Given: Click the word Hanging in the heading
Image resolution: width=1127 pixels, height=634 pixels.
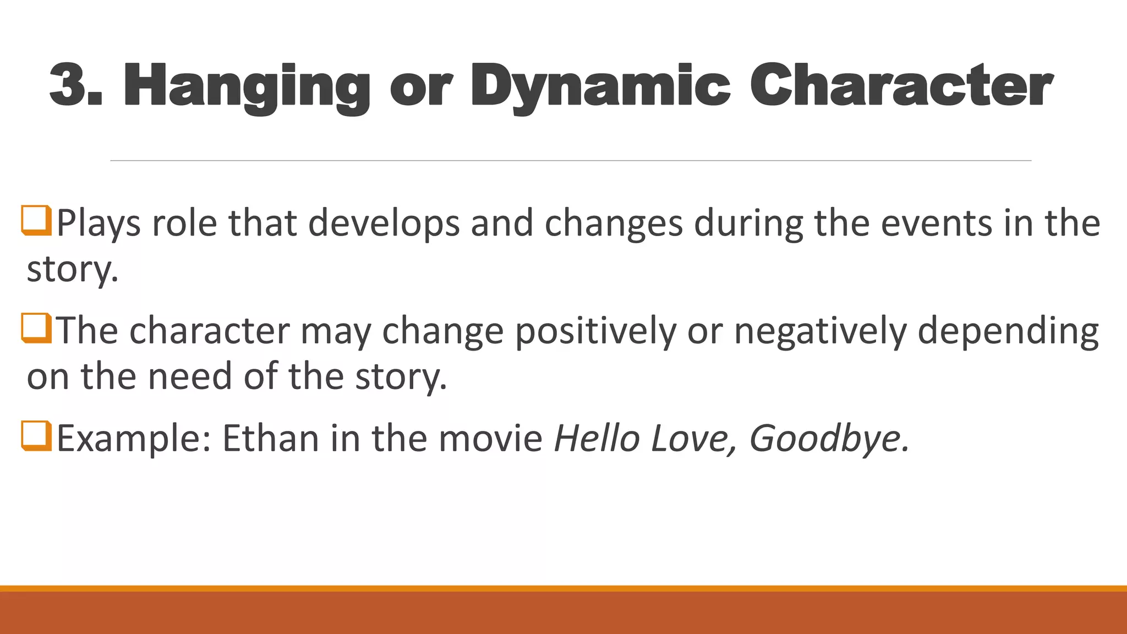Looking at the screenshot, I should coord(247,87).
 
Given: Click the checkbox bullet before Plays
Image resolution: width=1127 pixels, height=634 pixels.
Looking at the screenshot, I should coord(37,221).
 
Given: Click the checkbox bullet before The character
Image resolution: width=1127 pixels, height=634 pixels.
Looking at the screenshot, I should coord(37,328).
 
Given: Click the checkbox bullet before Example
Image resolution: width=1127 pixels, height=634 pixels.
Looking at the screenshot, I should coord(37,436).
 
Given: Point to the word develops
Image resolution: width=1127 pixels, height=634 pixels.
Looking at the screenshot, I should coord(384,223).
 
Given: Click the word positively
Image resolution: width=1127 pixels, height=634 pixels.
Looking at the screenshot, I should coord(595,331).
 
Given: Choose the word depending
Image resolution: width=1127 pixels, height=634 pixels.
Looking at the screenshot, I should coord(1008,331).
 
